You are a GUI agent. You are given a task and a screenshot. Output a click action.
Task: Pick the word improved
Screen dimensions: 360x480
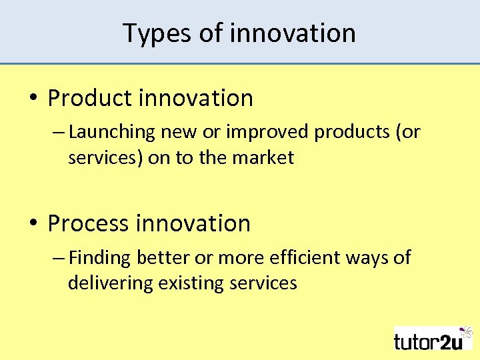pyautogui.click(x=267, y=132)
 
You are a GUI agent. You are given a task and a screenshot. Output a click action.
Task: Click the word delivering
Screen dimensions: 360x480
pyautogui.click(x=110, y=283)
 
